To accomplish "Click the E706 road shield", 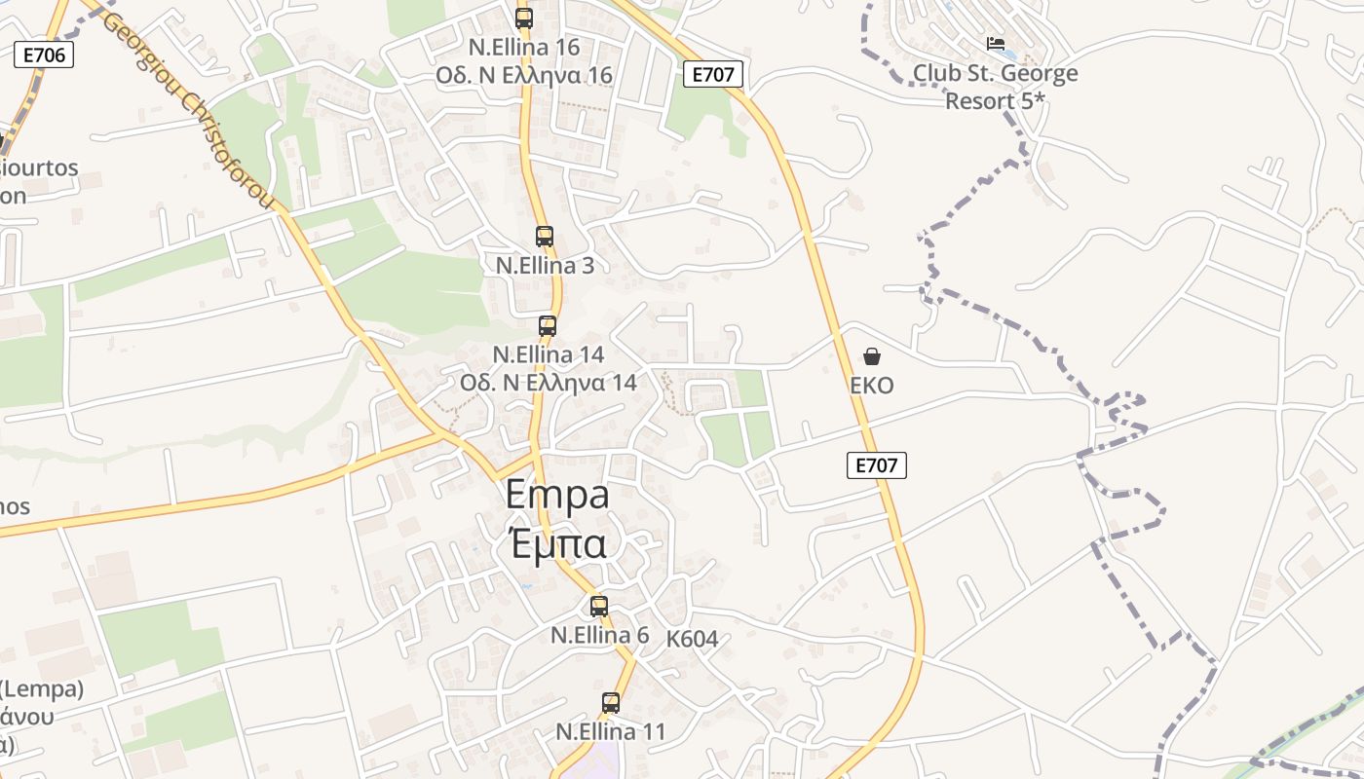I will (45, 56).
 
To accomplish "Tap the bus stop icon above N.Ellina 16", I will (524, 18).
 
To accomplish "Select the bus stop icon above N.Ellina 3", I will (545, 236).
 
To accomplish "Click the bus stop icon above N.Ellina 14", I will (548, 325).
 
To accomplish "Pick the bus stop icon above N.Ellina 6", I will (599, 606).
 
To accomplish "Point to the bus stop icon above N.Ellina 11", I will (611, 702).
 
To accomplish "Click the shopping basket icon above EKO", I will (872, 356).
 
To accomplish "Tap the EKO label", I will (872, 386).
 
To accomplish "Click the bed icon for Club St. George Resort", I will (996, 44).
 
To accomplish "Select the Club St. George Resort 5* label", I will (995, 87).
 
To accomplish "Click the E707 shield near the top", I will (713, 74).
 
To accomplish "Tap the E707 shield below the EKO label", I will (876, 466).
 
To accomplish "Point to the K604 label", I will (692, 640).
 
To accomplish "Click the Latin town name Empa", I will (557, 495).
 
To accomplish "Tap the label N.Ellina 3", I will (545, 265).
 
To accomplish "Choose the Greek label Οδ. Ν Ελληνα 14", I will (549, 383).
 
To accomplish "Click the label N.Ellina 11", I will (611, 731).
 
